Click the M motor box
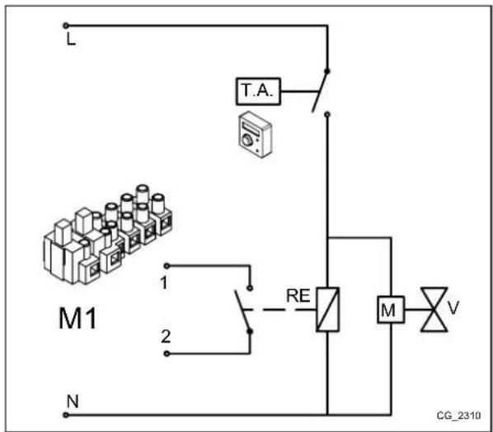(x=387, y=311)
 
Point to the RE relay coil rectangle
(x=328, y=310)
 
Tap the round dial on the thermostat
(x=246, y=140)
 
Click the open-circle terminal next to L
(x=66, y=26)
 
